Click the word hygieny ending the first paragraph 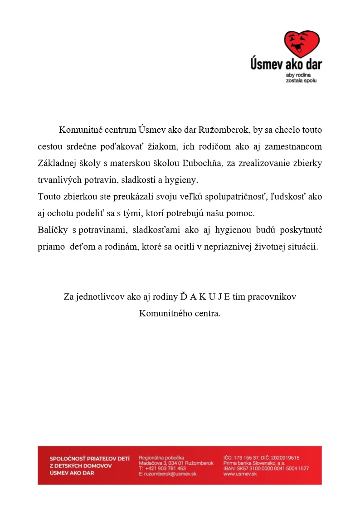tap(184, 180)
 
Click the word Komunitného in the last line tap(161, 313)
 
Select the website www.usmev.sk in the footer tap(240, 474)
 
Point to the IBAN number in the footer tap(266, 468)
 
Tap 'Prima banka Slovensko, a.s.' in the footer tap(254, 463)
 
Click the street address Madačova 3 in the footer tap(153, 463)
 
